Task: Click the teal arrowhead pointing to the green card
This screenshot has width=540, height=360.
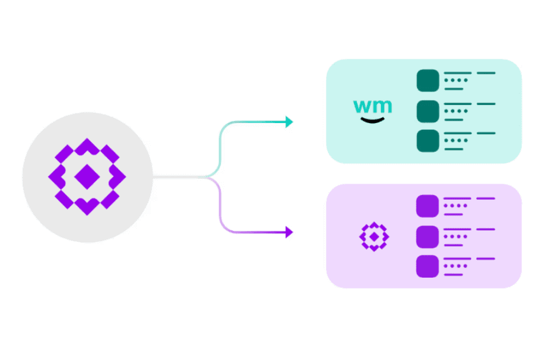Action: (289, 122)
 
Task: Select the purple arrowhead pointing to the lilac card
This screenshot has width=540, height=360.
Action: (289, 232)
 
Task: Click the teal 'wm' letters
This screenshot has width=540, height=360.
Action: (373, 107)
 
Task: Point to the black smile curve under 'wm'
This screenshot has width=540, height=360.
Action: (373, 121)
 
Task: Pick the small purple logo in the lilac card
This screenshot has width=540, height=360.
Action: (374, 236)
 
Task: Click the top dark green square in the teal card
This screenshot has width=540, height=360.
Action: (428, 80)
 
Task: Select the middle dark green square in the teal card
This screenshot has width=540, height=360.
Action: (428, 110)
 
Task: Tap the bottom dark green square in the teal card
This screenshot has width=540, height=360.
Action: (428, 140)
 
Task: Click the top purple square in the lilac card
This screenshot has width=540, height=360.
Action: (428, 206)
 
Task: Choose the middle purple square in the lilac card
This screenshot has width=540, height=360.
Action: (428, 236)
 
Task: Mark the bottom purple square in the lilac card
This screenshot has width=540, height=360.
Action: (428, 266)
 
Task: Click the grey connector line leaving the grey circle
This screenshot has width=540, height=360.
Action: (180, 177)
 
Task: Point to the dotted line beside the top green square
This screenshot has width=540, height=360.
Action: (455, 80)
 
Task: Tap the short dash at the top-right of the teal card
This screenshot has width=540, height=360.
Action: (486, 73)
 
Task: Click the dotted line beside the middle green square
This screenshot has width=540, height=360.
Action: (455, 110)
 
